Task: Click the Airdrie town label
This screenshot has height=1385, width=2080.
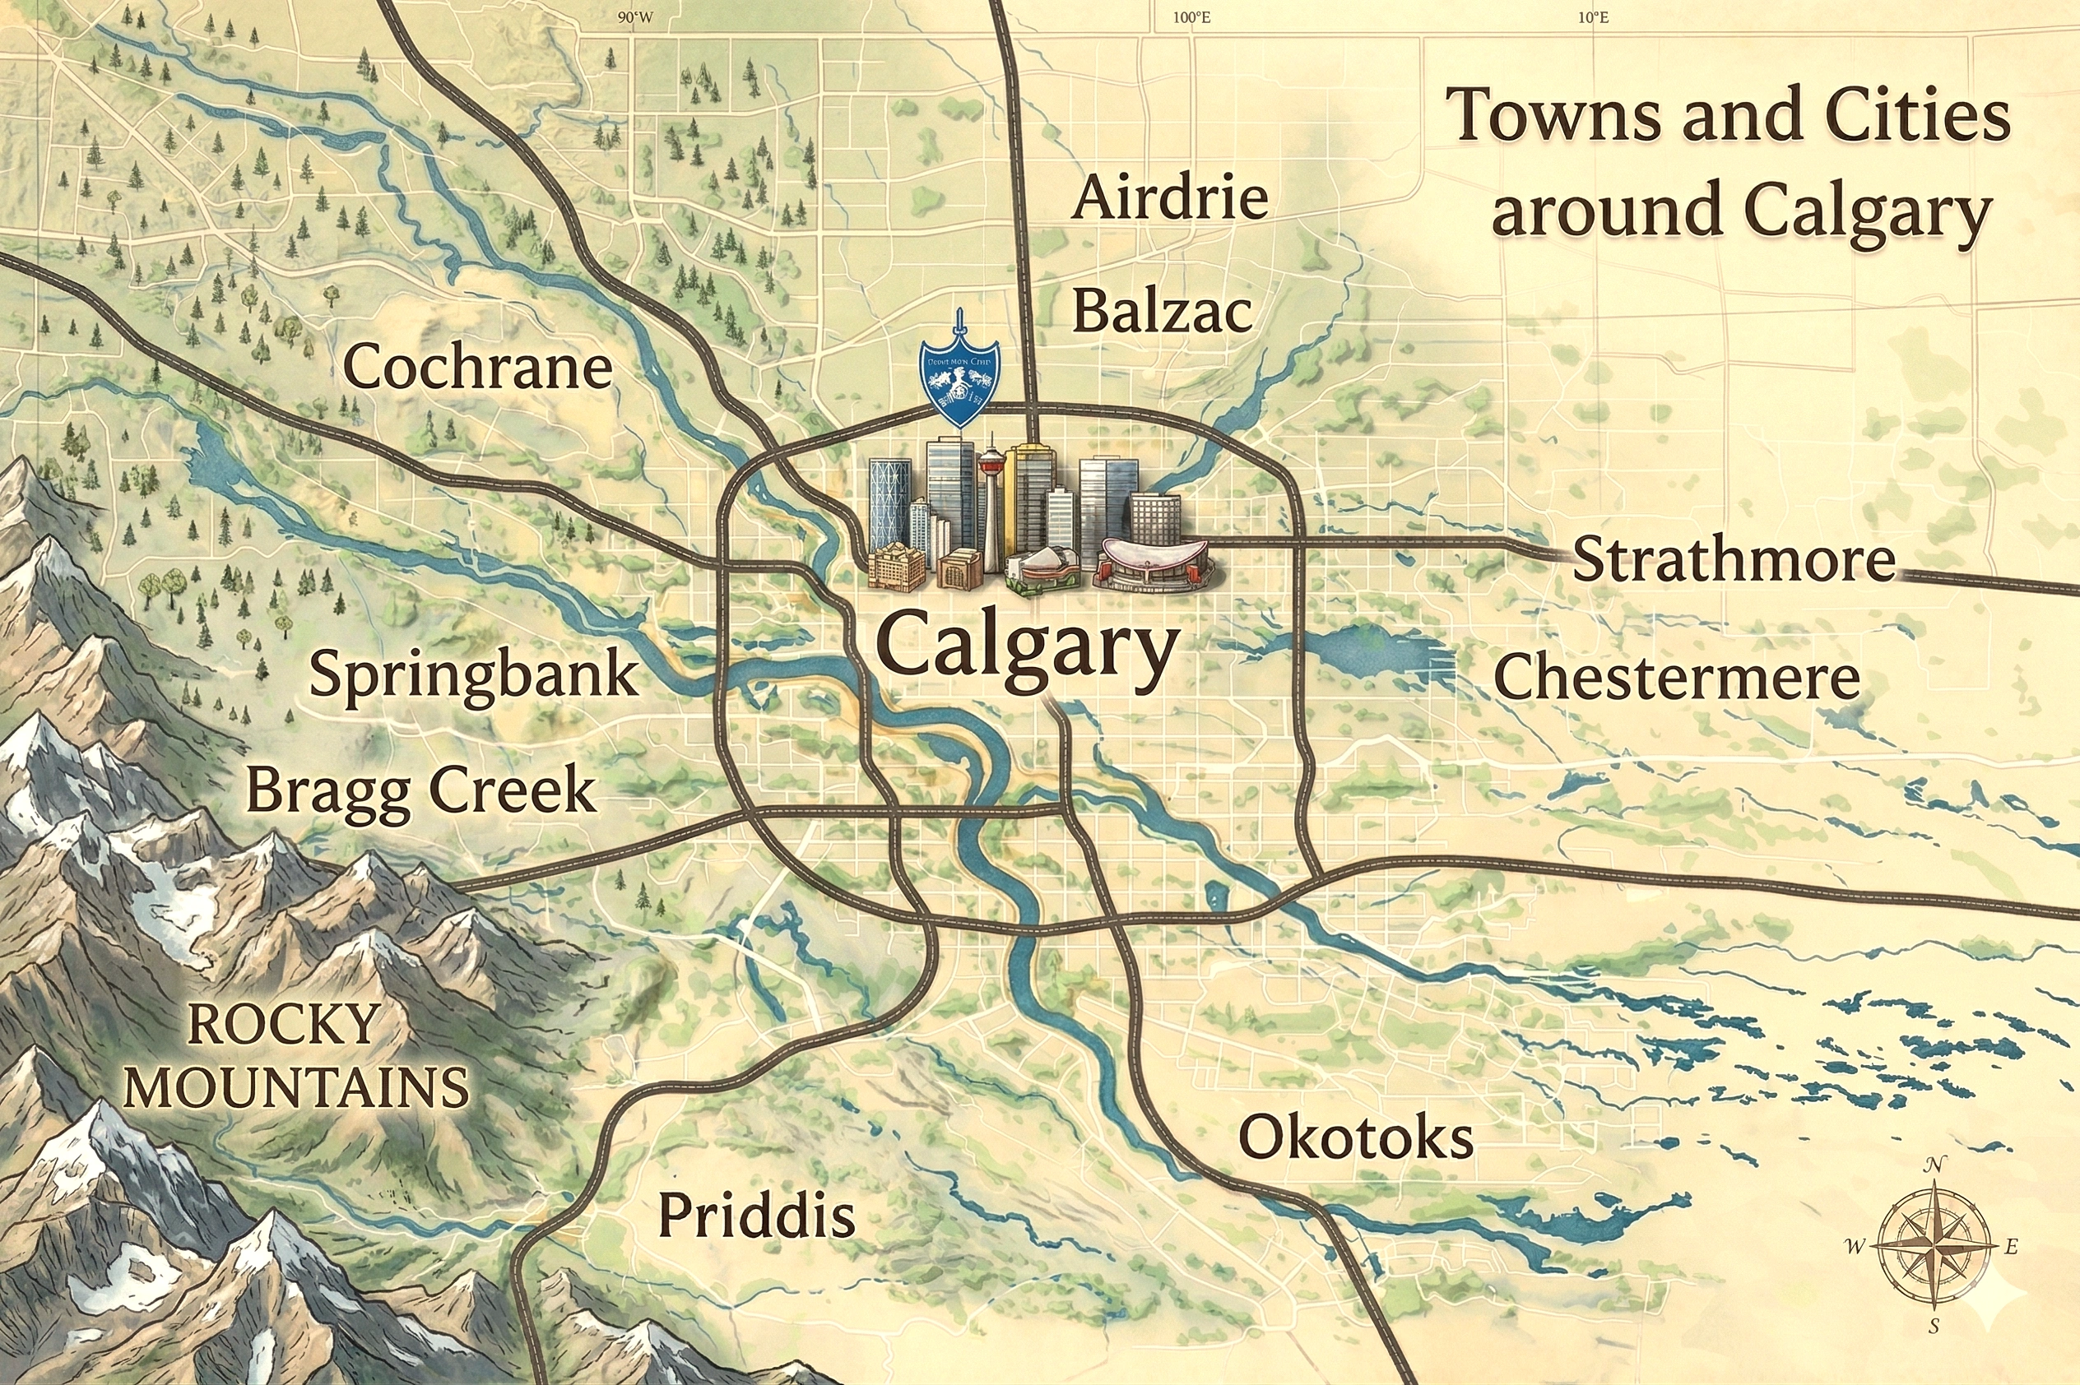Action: (1170, 198)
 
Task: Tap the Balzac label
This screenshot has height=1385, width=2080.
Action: (1162, 312)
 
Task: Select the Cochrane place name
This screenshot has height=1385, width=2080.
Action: (477, 368)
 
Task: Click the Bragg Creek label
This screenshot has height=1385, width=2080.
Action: (420, 790)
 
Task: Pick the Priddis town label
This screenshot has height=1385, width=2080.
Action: (757, 1216)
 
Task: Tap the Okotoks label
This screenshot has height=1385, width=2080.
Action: (1355, 1137)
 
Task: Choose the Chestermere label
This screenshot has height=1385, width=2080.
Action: (1676, 679)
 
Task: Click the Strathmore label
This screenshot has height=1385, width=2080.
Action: (1734, 560)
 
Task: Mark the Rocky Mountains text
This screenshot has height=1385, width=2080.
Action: (295, 1055)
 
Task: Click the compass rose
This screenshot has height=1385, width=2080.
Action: (1934, 1247)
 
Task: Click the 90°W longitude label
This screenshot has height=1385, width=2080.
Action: (635, 17)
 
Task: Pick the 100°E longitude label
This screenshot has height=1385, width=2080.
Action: (1191, 17)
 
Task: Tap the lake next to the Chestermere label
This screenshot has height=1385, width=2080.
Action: (1378, 651)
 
